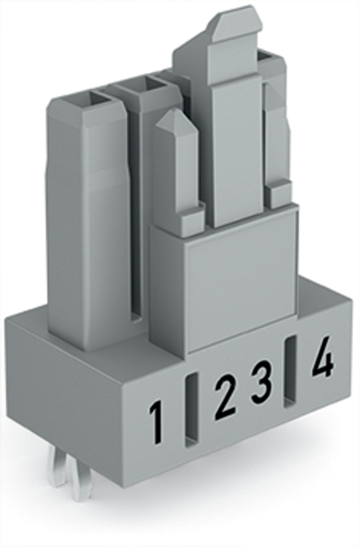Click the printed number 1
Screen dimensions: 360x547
[x=156, y=423]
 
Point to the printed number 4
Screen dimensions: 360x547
[x=322, y=356]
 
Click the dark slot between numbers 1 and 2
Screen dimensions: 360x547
[x=190, y=411]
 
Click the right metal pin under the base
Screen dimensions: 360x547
[x=80, y=480]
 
